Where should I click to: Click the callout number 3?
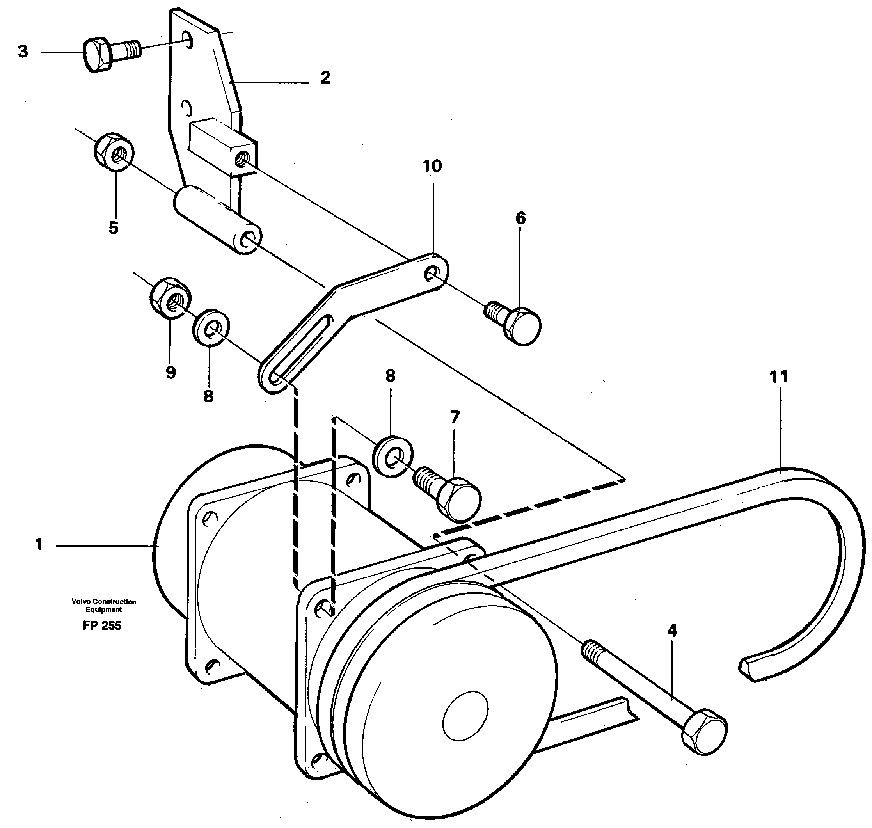pyautogui.click(x=23, y=52)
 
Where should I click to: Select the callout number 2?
pyautogui.click(x=325, y=78)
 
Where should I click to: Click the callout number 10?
pyautogui.click(x=432, y=166)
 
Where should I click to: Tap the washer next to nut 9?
pyautogui.click(x=211, y=327)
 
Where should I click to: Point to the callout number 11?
pyautogui.click(x=778, y=377)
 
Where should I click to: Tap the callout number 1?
pyautogui.click(x=39, y=545)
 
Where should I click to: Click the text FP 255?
pyautogui.click(x=102, y=625)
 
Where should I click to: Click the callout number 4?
pyautogui.click(x=671, y=630)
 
